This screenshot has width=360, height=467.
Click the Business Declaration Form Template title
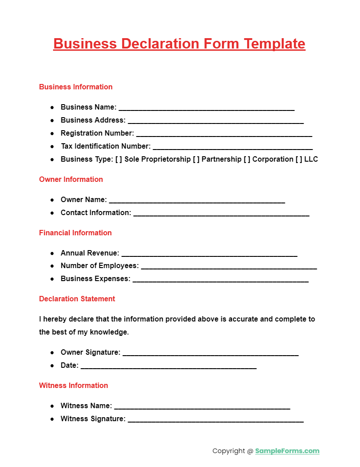[x=179, y=44]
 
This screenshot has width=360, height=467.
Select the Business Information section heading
[x=76, y=87]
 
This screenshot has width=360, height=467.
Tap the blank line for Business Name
[x=206, y=108]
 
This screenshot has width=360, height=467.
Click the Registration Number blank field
[x=224, y=134]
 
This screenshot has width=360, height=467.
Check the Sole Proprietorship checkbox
[x=119, y=159]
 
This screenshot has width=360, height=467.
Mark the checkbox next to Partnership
[x=196, y=159]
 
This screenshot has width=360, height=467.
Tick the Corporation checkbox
[x=247, y=159]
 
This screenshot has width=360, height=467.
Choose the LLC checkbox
[x=299, y=159]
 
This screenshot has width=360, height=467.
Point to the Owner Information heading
[x=71, y=180]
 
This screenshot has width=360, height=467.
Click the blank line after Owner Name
[x=197, y=200]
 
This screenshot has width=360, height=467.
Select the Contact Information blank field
[x=221, y=213]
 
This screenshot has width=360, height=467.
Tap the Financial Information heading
[x=76, y=233]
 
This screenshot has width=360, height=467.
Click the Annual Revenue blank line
[x=209, y=254]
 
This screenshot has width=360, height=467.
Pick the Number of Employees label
[x=100, y=266]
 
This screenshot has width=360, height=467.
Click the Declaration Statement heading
[x=77, y=299]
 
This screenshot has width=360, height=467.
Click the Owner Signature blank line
[x=210, y=353]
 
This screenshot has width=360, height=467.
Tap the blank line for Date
[x=169, y=366]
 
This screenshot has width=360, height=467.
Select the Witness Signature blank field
[x=216, y=419]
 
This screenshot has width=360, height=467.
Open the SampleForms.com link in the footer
[x=287, y=451]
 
